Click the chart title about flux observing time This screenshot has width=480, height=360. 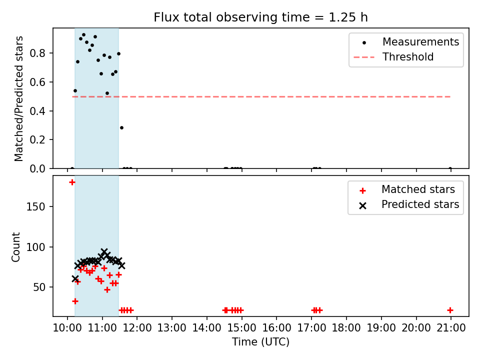pyautogui.click(x=260, y=17)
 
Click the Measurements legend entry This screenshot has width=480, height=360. pyautogui.click(x=406, y=42)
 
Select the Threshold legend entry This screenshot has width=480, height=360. pyautogui.click(x=393, y=57)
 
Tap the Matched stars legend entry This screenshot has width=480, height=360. pyautogui.click(x=407, y=190)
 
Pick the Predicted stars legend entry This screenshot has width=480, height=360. pyautogui.click(x=409, y=204)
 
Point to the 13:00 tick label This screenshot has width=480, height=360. pyautogui.click(x=171, y=328)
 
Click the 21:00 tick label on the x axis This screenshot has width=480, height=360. pyautogui.click(x=451, y=328)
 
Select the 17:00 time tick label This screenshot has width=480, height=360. pyautogui.click(x=311, y=328)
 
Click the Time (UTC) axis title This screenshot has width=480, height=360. pyautogui.click(x=260, y=342)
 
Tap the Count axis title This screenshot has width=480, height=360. pyautogui.click(x=15, y=247)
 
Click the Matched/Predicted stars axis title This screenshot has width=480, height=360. pyautogui.click(x=18, y=98)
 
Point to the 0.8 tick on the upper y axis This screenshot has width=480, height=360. pyautogui.click(x=37, y=53)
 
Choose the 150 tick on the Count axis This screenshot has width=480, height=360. pyautogui.click(x=35, y=206)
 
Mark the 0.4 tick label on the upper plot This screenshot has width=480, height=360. pyautogui.click(x=37, y=111)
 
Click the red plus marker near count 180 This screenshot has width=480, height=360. pyautogui.click(x=72, y=182)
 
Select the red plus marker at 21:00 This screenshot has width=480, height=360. pyautogui.click(x=450, y=310)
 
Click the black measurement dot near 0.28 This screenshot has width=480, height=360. pyautogui.click(x=121, y=127)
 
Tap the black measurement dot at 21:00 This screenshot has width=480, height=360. pyautogui.click(x=450, y=168)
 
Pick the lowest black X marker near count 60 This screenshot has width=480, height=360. pyautogui.click(x=75, y=279)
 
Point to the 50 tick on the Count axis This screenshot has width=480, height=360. pyautogui.click(x=39, y=287)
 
